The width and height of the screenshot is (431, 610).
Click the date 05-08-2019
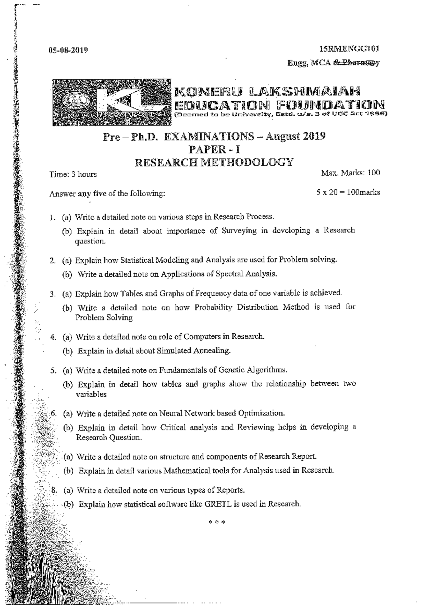pos(68,50)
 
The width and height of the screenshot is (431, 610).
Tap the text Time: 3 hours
pos(73,174)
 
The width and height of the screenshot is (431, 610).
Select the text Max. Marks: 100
pos(351,173)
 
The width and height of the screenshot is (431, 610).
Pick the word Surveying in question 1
pos(239,231)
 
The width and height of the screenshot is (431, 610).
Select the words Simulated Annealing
pos(194,351)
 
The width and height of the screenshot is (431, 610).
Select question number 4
pos(53,337)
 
